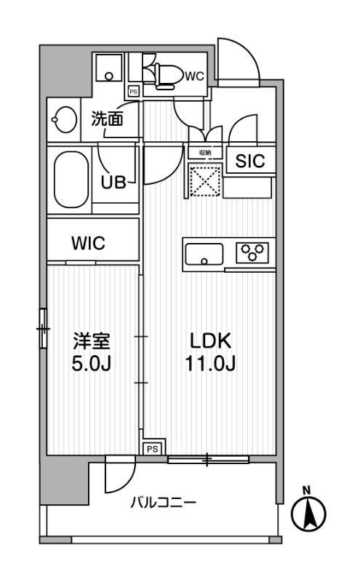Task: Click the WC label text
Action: [x=193, y=76]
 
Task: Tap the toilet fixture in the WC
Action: [x=161, y=73]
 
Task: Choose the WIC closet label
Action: [x=88, y=244]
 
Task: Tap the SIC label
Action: [x=249, y=162]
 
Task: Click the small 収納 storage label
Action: [x=204, y=153]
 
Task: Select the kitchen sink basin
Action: [x=204, y=255]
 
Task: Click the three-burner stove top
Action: [x=252, y=253]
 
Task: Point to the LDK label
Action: [x=210, y=341]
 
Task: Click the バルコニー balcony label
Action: [x=163, y=503]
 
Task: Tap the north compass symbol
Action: [x=308, y=512]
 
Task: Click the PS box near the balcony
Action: [x=152, y=449]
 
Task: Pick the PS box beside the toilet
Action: [x=133, y=92]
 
